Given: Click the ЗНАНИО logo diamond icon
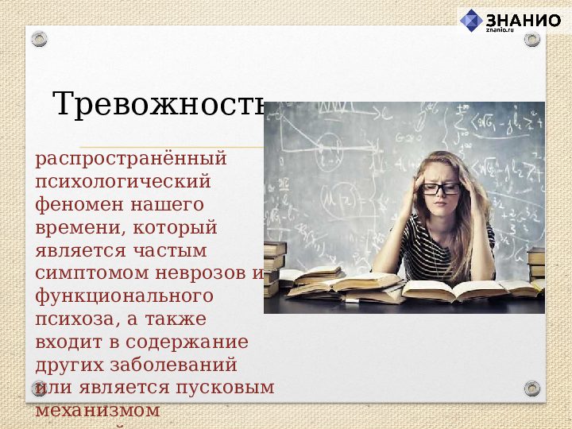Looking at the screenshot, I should point(472,20).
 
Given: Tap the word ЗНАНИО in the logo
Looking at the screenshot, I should point(523,20).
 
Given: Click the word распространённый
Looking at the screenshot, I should point(131,158).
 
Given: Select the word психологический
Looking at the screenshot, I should point(122,181).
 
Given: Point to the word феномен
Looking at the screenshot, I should point(74,204).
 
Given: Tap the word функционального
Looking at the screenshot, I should point(124,296).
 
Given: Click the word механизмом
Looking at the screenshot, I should point(98,411).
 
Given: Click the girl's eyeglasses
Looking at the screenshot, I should point(440,188).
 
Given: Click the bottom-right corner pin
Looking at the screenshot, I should point(532,388).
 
